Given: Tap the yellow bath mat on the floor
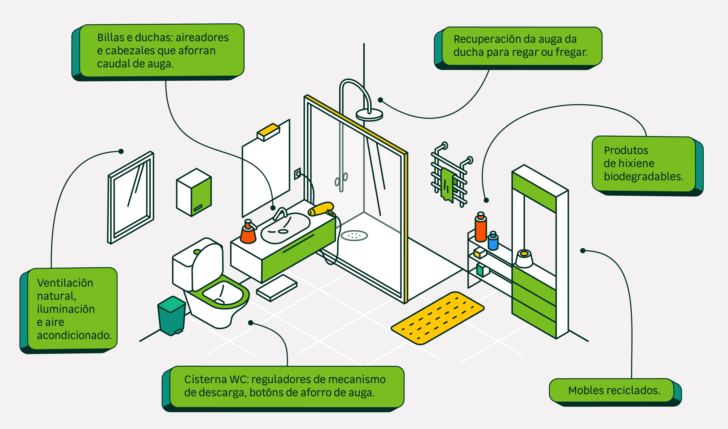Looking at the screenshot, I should click(437, 318).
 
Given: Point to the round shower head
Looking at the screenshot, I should click(369, 114).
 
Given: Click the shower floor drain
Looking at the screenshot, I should click(354, 236).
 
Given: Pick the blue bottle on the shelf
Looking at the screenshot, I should click(493, 241).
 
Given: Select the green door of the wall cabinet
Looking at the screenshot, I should click(201, 197).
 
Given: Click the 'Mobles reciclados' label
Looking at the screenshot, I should click(614, 390).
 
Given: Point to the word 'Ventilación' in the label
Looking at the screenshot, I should click(65, 283).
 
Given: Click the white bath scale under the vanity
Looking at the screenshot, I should click(276, 288).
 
